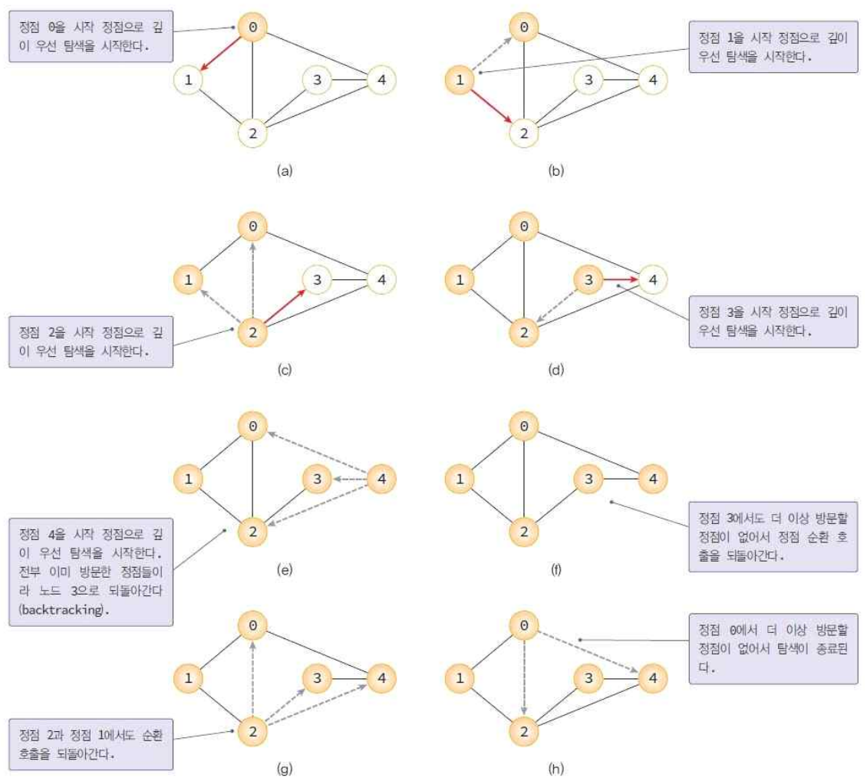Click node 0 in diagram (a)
252,28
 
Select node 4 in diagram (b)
651,79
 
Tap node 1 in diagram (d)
460,280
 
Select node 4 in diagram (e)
381,480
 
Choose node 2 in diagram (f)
524,532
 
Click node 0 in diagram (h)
524,626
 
